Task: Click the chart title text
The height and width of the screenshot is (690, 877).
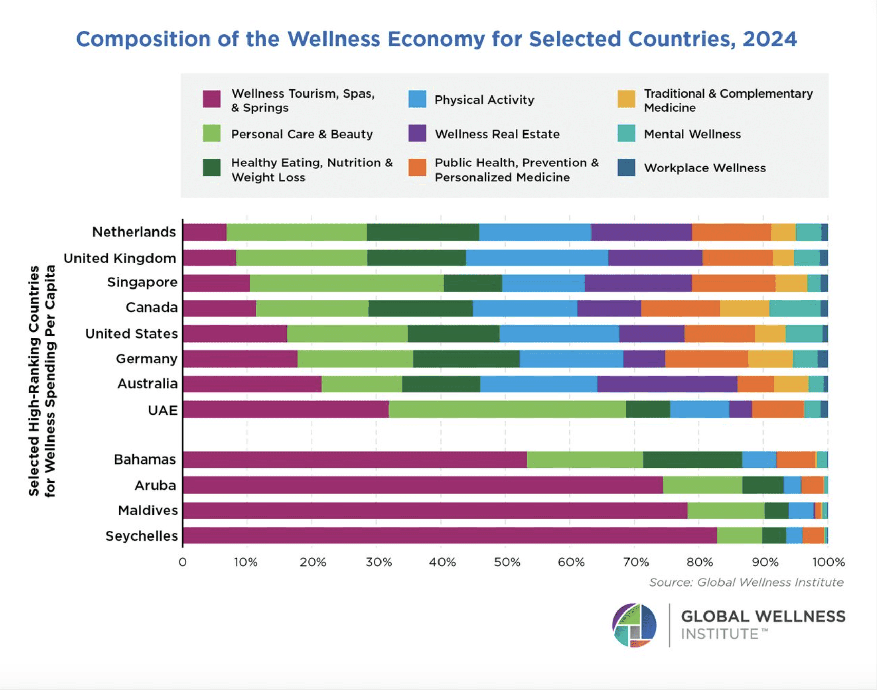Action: (x=436, y=39)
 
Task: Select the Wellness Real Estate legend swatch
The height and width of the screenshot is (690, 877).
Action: (x=417, y=133)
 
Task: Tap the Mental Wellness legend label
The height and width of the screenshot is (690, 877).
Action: (x=692, y=134)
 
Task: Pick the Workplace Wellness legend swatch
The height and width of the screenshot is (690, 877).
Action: (x=626, y=167)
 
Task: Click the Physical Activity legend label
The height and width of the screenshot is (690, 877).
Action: (x=484, y=100)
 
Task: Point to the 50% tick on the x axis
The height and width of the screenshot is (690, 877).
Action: (x=506, y=562)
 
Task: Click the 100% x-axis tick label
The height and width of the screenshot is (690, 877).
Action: (x=828, y=562)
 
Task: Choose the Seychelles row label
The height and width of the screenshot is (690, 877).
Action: (x=142, y=536)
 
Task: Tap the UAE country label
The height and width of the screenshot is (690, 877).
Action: (x=163, y=410)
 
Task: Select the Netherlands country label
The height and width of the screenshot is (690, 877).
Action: (x=134, y=232)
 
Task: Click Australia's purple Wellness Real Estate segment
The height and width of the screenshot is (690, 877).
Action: (x=667, y=384)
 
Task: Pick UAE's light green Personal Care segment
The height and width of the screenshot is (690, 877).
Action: (x=507, y=409)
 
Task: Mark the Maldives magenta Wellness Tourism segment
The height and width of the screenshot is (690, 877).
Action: (x=435, y=510)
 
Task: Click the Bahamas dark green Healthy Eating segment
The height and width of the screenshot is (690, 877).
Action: (x=692, y=459)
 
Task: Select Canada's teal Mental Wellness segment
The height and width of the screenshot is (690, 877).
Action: (x=794, y=308)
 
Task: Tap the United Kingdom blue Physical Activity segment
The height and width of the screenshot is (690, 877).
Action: (x=537, y=258)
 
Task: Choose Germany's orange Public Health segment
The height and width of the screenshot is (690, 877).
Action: (x=707, y=358)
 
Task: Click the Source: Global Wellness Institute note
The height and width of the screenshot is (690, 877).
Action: (x=746, y=582)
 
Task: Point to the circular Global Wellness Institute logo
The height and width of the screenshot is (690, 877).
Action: (x=634, y=625)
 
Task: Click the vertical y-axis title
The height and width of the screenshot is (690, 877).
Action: (x=42, y=381)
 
